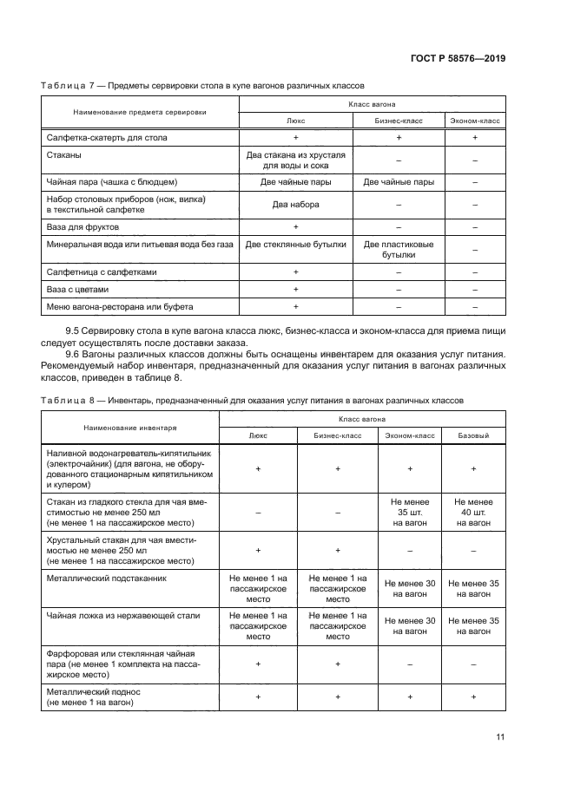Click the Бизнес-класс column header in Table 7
click(399, 121)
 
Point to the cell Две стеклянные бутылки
click(296, 245)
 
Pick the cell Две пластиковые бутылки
click(399, 250)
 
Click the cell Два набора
click(296, 205)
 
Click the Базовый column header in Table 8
click(473, 435)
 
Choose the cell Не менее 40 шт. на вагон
click(473, 512)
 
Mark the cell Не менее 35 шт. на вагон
click(410, 512)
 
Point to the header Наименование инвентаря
click(130, 428)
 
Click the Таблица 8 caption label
click(69, 400)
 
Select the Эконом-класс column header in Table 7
click(475, 121)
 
